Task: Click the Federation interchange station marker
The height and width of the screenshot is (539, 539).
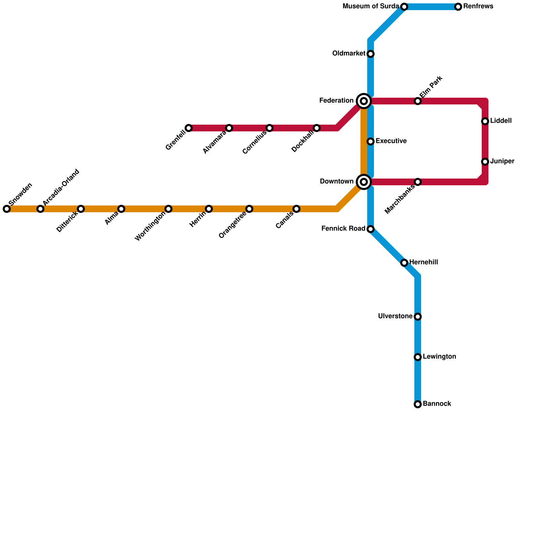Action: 364,101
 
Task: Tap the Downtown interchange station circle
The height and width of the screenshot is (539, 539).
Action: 364,182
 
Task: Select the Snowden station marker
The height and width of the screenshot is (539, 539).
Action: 7,209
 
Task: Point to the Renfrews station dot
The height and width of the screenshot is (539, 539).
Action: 458,7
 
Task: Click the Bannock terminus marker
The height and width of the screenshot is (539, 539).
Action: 418,404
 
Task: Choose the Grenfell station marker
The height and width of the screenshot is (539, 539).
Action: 189,128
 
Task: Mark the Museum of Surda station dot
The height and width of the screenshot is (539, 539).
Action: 404,7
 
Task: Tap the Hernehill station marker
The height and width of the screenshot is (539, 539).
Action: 404,263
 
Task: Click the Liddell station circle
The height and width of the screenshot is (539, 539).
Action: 485,121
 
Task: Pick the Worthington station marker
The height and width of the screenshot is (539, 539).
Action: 168,209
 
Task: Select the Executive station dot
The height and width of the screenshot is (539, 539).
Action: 371,141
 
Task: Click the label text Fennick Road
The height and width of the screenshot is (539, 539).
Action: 343,229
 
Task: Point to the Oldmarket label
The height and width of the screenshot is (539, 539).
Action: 349,54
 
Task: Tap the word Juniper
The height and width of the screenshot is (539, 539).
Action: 502,161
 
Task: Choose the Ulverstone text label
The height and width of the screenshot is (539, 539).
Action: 395,316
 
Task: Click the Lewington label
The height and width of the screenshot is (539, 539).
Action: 440,357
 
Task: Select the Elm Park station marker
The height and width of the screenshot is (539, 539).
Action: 418,101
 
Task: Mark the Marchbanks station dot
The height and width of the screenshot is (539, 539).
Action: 418,182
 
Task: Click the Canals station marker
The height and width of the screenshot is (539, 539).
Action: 296,209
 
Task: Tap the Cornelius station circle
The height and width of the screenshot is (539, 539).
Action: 269,128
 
